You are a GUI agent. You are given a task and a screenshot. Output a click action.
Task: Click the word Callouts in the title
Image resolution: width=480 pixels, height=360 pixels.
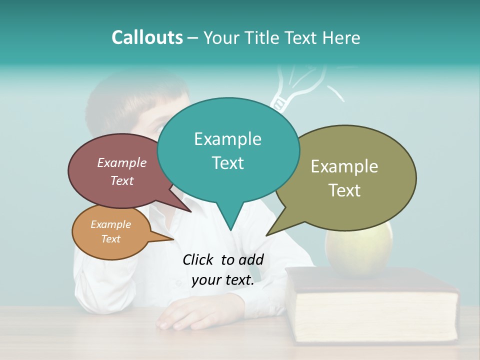point(147,37)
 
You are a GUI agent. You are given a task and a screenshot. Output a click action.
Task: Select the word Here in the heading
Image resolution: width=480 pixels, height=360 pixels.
point(341,37)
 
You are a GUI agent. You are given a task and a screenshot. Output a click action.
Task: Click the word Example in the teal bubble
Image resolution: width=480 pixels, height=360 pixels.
point(227,139)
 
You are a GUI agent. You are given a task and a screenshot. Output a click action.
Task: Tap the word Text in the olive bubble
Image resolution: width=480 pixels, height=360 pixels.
point(344,190)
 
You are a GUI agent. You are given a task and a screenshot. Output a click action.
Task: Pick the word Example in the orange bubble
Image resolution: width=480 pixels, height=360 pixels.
point(110,224)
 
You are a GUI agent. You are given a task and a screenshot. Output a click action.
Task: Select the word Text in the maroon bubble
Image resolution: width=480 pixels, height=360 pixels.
point(122,180)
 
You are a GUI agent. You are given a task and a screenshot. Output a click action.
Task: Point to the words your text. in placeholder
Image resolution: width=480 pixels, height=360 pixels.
point(223,280)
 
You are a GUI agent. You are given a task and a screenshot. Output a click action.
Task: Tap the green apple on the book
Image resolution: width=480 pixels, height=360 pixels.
point(358,252)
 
